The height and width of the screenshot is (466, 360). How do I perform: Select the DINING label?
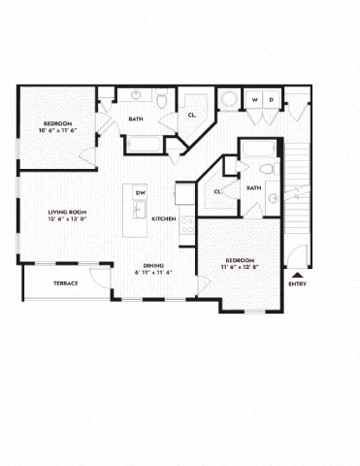152,265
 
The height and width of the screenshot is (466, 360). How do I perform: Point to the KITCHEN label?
164,219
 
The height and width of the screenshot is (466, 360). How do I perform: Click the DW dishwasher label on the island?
141,191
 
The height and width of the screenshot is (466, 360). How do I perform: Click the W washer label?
255,99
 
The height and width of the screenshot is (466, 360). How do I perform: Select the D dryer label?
271,99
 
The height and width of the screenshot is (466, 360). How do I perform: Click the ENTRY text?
297,283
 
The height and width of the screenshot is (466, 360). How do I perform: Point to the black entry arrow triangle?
297,274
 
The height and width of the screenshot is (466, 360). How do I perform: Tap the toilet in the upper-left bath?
162,100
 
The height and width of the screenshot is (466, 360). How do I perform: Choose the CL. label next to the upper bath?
193,115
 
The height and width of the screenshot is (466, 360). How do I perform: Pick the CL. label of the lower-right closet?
217,191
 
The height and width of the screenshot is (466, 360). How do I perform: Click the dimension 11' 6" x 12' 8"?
239,269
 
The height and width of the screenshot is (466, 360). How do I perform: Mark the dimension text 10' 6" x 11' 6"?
57,131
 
